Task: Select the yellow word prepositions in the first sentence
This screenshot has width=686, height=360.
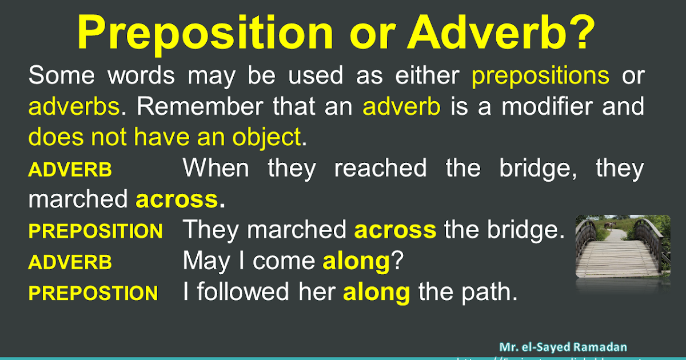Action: (540, 76)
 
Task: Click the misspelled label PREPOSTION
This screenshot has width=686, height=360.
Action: (93, 293)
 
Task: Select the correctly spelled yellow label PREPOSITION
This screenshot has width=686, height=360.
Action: (95, 231)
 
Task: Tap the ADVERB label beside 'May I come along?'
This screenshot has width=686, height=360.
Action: (70, 262)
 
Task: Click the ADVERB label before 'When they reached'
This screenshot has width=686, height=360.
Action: (70, 170)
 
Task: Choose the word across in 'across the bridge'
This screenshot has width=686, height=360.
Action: (395, 230)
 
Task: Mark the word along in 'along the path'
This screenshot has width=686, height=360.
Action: (376, 292)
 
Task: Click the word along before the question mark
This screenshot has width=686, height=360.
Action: (356, 261)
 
